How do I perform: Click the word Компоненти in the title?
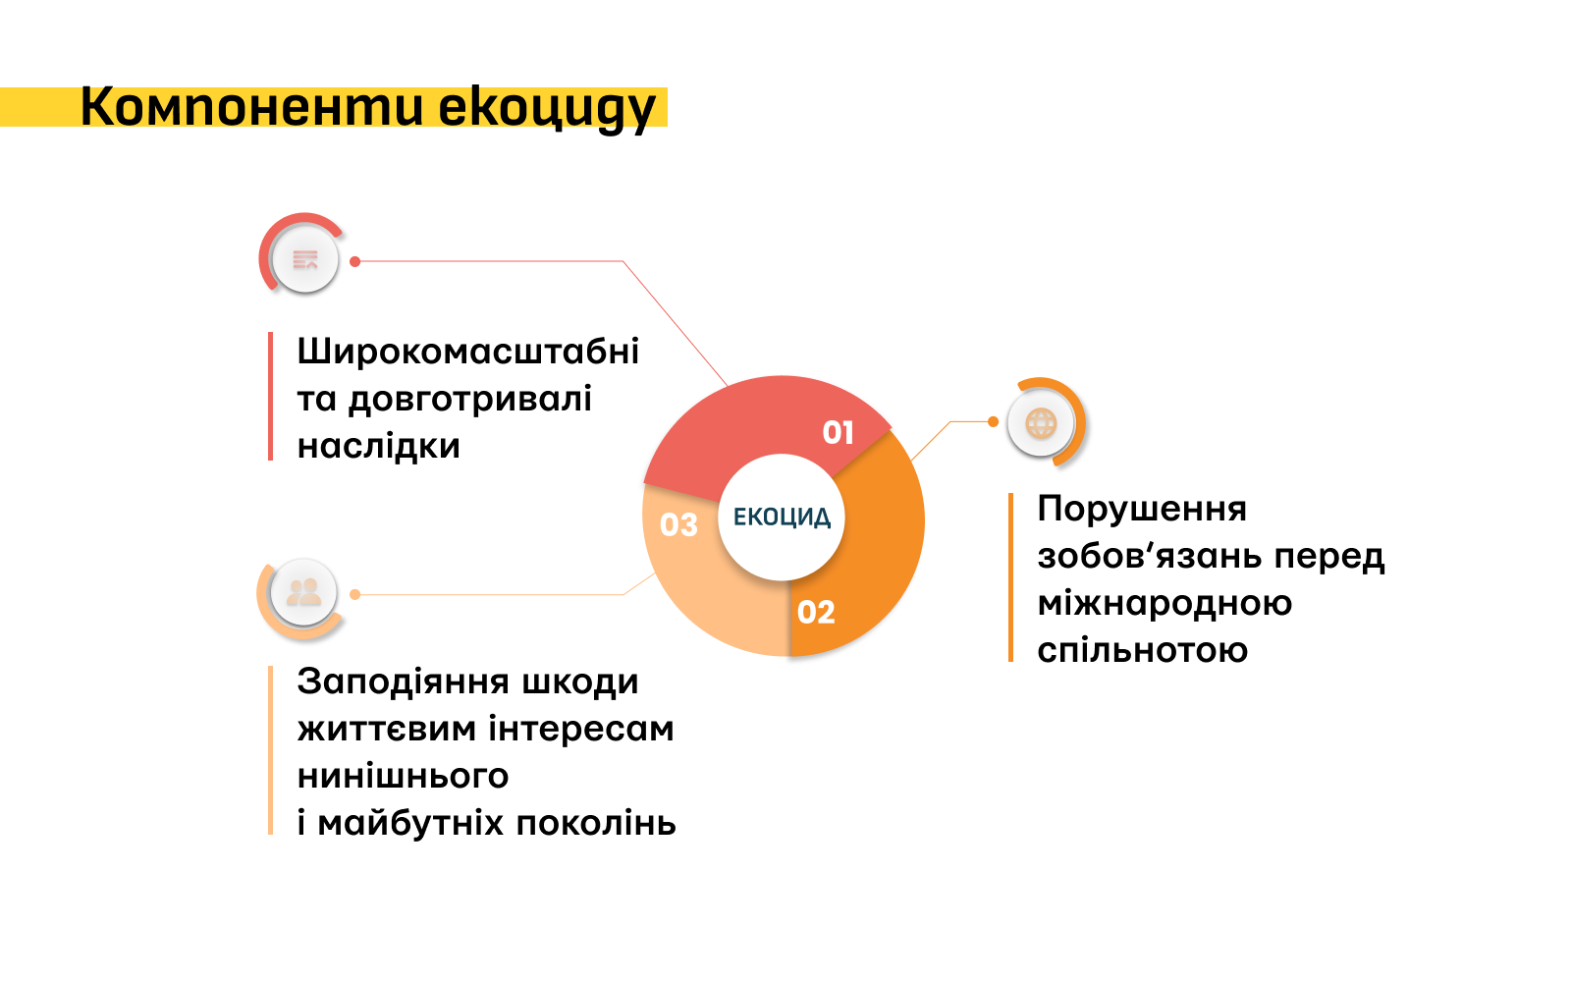pos(251,107)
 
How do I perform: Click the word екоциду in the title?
pos(547,110)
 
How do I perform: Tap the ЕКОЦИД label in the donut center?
pos(782,518)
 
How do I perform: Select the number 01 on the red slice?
pos(839,432)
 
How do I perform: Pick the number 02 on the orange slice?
pos(816,613)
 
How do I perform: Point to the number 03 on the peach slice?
pos(678,524)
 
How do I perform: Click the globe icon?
pos(1041,423)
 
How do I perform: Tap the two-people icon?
pos(303,593)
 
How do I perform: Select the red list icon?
pos(305,259)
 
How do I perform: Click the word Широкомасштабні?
pos(467,351)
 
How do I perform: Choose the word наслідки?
pos(379,446)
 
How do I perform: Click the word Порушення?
pos(1142,509)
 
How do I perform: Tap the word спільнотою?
pos(1143,650)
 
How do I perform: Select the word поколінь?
pos(596,823)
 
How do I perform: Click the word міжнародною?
pos(1165,603)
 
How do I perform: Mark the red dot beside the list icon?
pos(354,261)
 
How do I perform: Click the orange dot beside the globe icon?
pos(993,421)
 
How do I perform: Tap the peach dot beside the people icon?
pos(354,595)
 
